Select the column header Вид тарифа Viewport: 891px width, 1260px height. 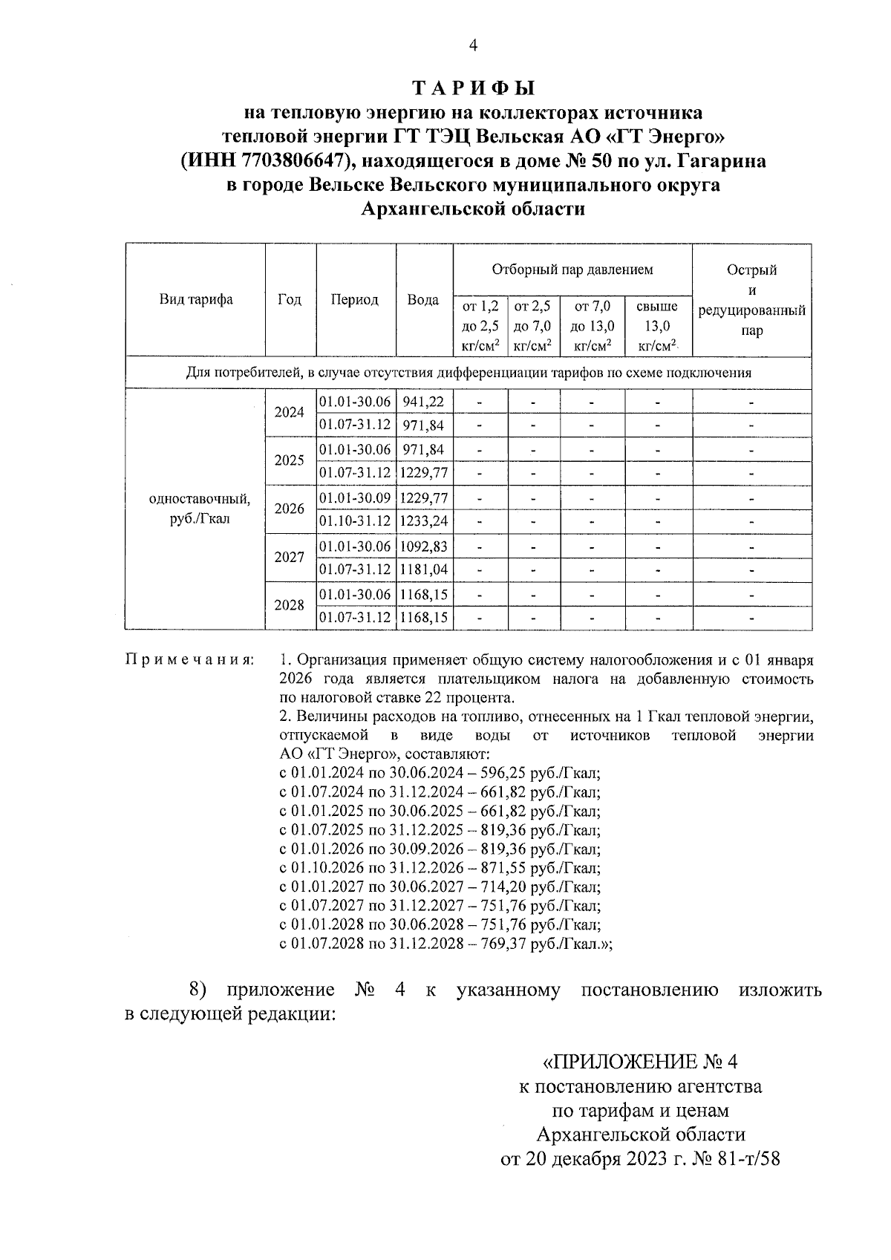[195, 299]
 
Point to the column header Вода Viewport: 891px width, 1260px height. [423, 299]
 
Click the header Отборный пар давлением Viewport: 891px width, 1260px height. [572, 270]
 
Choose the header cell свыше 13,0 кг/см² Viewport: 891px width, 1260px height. [657, 325]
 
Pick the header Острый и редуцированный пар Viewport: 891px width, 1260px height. [751, 300]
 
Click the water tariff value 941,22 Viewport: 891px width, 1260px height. [423, 402]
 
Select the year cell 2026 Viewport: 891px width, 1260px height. [290, 509]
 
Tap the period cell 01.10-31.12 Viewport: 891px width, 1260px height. [355, 521]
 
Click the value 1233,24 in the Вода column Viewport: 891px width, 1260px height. [424, 521]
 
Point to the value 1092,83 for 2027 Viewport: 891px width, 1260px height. [424, 546]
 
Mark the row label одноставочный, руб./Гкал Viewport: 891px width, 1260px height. [200, 509]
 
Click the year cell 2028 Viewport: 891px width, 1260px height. [290, 605]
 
